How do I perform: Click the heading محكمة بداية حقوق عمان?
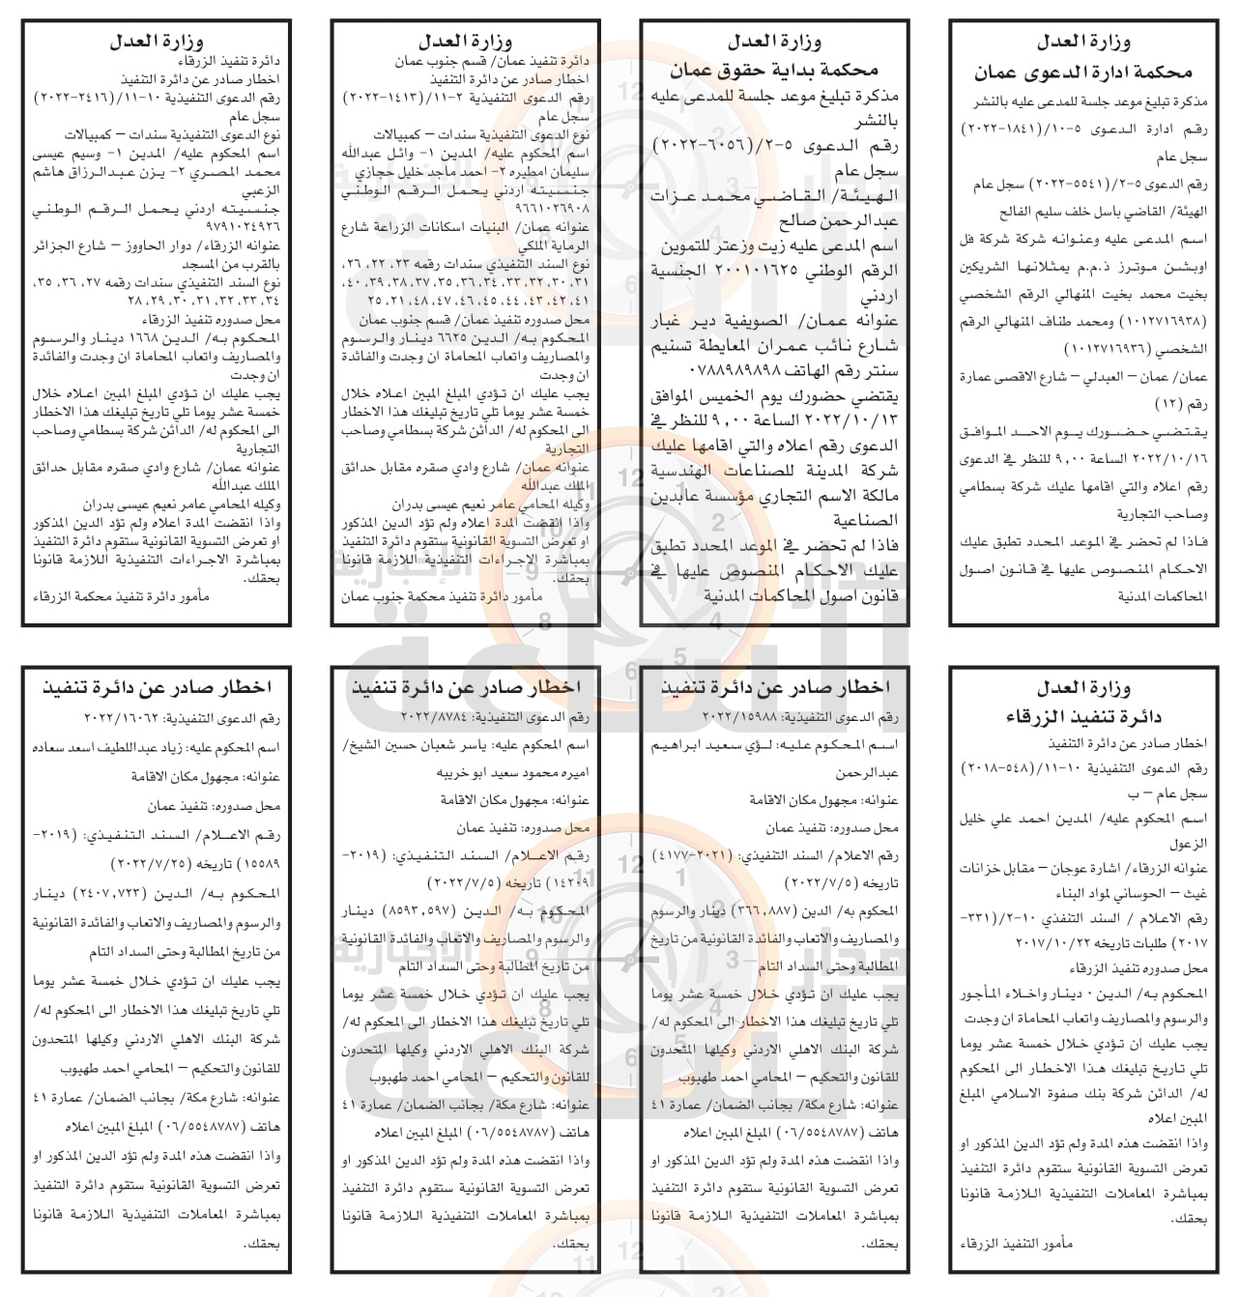(774, 70)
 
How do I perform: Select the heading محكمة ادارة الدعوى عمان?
(1081, 72)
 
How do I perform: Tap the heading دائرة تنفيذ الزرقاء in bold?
(1082, 716)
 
